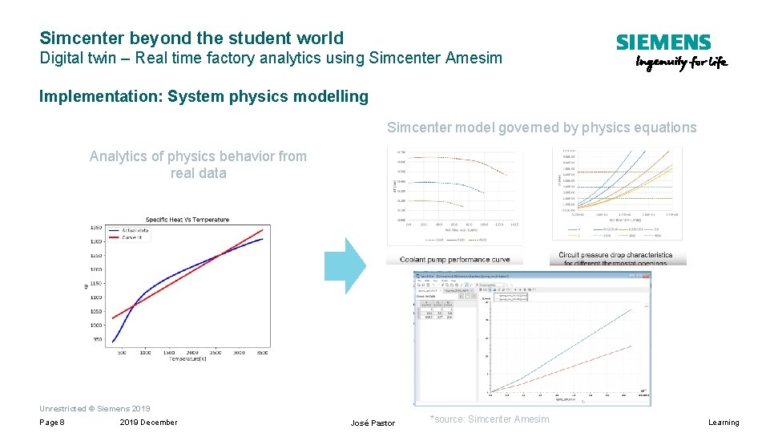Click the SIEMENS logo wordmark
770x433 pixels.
point(663,42)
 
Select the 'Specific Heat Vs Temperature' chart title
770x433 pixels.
point(187,220)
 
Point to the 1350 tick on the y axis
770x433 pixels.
point(96,227)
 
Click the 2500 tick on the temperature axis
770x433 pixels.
point(216,352)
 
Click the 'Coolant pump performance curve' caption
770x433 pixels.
point(454,260)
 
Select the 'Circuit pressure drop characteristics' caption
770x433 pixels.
point(615,255)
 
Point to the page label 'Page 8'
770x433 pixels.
point(52,423)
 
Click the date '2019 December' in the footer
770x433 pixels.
point(148,423)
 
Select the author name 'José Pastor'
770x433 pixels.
point(373,423)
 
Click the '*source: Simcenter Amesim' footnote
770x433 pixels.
point(490,419)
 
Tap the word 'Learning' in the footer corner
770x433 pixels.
point(724,423)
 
